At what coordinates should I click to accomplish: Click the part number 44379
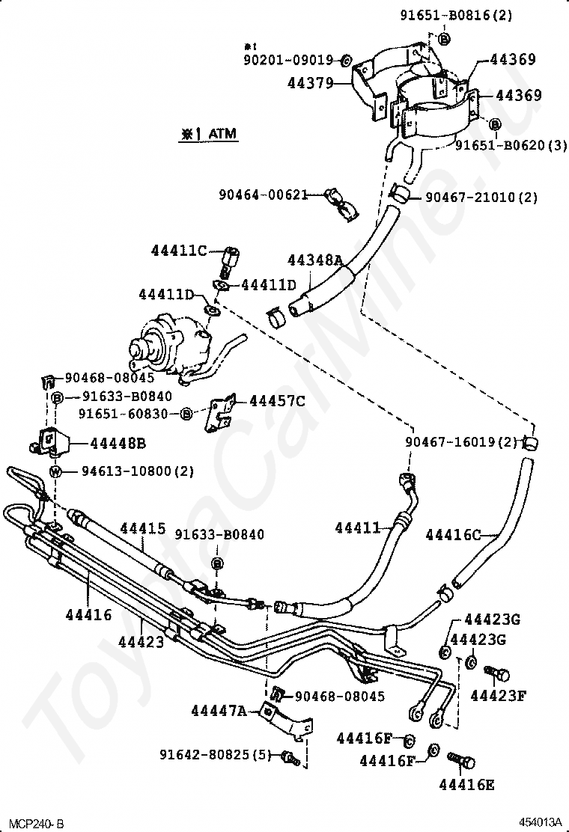pyautogui.click(x=309, y=84)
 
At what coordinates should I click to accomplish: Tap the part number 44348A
pyautogui.click(x=314, y=260)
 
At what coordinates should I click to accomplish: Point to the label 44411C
pyautogui.click(x=178, y=251)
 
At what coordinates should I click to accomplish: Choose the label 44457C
pyautogui.click(x=277, y=402)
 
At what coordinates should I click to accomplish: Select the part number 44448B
pyautogui.click(x=118, y=444)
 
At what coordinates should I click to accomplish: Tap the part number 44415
pyautogui.click(x=142, y=529)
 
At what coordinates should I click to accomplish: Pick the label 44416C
pyautogui.click(x=453, y=535)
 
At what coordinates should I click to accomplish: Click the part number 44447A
pyautogui.click(x=219, y=711)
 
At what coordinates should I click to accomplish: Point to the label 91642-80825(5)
pyautogui.click(x=214, y=754)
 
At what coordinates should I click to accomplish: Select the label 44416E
pyautogui.click(x=466, y=785)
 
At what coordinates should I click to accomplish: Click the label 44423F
pyautogui.click(x=498, y=696)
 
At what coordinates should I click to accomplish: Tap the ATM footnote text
pyautogui.click(x=207, y=135)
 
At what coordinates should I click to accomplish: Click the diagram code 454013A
pyautogui.click(x=542, y=822)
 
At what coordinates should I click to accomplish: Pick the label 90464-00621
pyautogui.click(x=264, y=195)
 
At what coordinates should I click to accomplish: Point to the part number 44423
pyautogui.click(x=141, y=642)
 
